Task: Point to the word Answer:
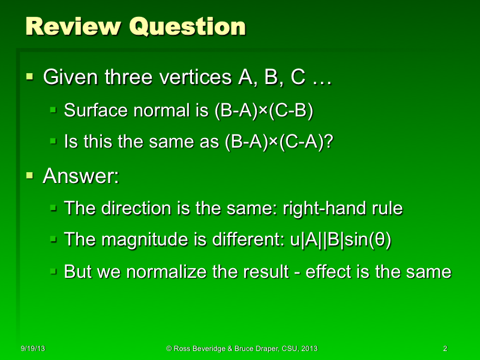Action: [x=80, y=176]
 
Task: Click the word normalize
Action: [x=159, y=272]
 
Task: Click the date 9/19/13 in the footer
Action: [x=33, y=349]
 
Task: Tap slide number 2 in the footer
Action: [x=445, y=349]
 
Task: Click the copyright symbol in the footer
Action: [x=169, y=349]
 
